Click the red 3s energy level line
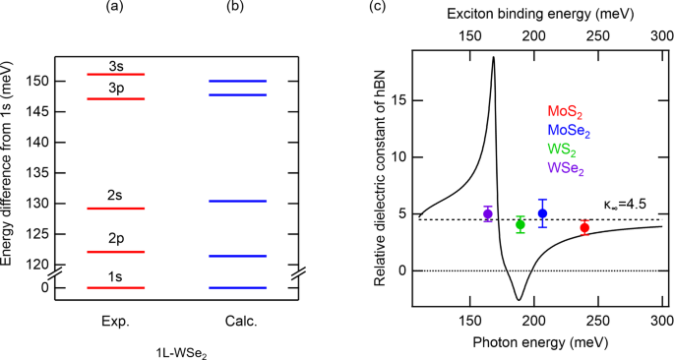[x=116, y=75]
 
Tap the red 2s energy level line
[x=116, y=209]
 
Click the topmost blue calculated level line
[x=237, y=81]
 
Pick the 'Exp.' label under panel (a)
[x=116, y=321]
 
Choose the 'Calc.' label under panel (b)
[x=237, y=321]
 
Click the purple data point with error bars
[x=488, y=213]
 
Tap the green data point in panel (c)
[x=521, y=224]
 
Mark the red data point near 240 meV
[x=584, y=227]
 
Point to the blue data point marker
[x=542, y=213]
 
